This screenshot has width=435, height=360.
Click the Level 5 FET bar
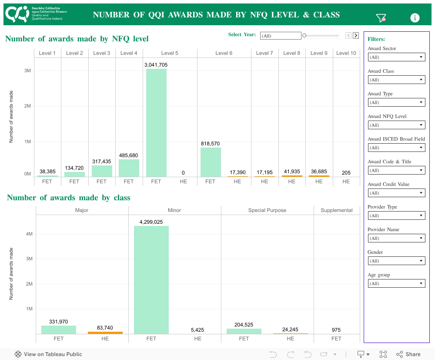click(x=156, y=122)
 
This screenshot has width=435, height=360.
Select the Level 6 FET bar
click(x=211, y=162)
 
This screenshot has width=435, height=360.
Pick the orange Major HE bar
click(x=105, y=333)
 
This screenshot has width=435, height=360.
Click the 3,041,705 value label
click(x=156, y=65)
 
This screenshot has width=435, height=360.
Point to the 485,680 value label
click(x=129, y=155)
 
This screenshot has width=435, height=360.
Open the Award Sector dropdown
click(x=396, y=57)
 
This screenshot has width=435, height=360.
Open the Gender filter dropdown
click(x=396, y=261)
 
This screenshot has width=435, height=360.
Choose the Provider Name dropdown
click(x=396, y=238)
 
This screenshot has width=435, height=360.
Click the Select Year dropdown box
click(x=281, y=36)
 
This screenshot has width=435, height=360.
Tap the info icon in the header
click(x=415, y=18)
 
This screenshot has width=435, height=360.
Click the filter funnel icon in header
click(x=381, y=18)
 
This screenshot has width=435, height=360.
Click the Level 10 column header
click(x=346, y=53)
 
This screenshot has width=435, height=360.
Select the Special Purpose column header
click(x=267, y=210)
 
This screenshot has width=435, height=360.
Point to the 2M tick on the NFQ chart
click(x=27, y=106)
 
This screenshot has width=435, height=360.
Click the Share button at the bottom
click(x=408, y=354)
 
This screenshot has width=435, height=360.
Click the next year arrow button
click(x=356, y=36)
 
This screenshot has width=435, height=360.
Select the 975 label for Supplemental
click(x=336, y=330)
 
